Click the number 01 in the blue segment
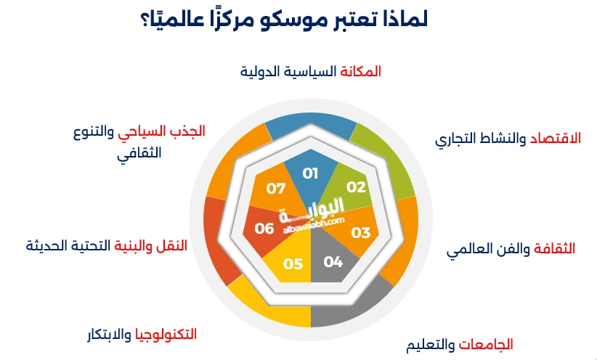(311, 173)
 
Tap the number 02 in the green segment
(356, 187)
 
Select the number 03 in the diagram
(360, 232)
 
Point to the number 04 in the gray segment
(333, 261)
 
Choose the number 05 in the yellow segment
(293, 263)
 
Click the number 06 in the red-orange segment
(264, 228)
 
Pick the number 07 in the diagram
(275, 189)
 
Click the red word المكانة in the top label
(361, 71)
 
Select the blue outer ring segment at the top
(311, 126)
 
